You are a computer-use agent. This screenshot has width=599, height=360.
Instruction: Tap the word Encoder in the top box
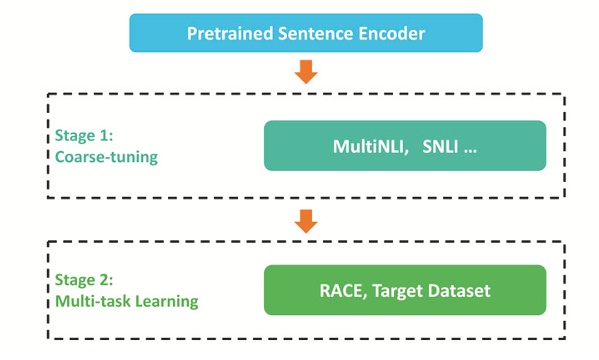coord(390,34)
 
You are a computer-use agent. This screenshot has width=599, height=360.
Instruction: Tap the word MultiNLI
coord(367,147)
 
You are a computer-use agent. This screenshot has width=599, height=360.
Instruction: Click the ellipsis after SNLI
coord(471,149)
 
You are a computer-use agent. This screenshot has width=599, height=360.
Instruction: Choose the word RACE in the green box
coord(341,291)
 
